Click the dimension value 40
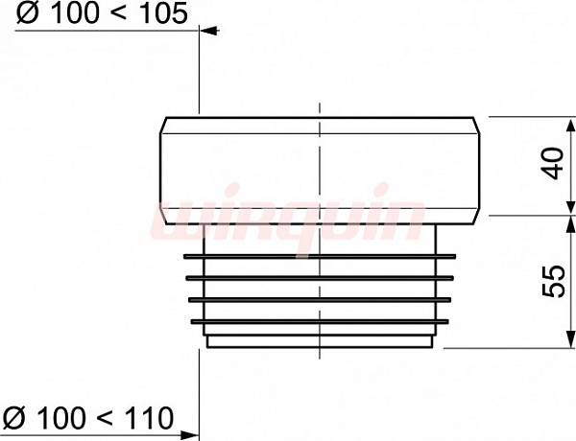tap(554, 163)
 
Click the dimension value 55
tap(554, 281)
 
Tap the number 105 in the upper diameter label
tap(164, 14)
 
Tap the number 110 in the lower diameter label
tap(149, 418)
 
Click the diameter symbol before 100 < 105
tap(27, 14)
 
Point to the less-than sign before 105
tap(122, 14)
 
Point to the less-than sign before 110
tap(107, 418)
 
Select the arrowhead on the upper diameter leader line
tap(208, 31)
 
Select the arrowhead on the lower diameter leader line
tap(189, 436)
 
